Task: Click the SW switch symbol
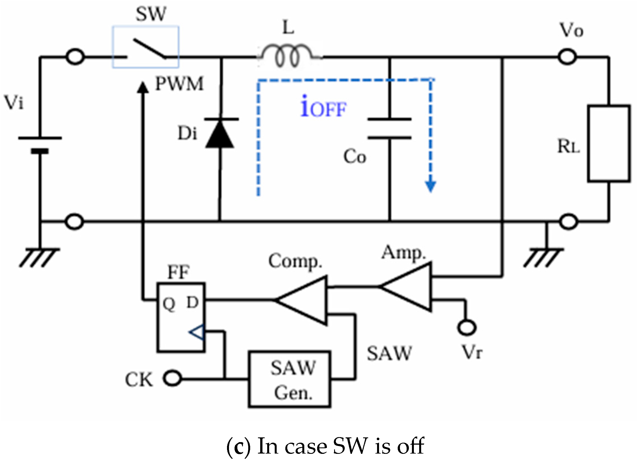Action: [x=146, y=48]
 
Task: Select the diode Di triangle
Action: [x=220, y=134]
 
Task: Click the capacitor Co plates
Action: [x=389, y=129]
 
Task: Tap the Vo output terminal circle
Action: [x=568, y=57]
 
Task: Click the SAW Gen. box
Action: [x=289, y=379]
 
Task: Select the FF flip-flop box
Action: [x=181, y=317]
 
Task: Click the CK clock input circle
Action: [x=172, y=378]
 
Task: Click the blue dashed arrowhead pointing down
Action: [x=431, y=186]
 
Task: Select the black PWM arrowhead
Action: [x=143, y=87]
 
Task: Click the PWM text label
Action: [x=180, y=84]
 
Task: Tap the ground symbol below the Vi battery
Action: [x=39, y=257]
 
